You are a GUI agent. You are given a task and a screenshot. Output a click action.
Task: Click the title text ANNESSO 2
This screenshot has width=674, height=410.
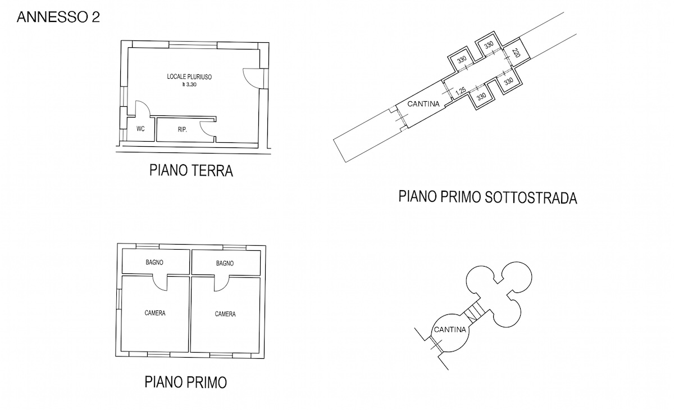point(58,17)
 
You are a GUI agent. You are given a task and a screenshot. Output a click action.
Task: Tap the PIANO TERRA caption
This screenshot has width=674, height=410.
point(191,170)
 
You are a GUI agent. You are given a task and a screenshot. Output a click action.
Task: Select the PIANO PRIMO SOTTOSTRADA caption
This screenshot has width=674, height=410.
point(488,197)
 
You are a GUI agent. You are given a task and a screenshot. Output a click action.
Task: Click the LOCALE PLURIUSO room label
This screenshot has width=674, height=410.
point(189,77)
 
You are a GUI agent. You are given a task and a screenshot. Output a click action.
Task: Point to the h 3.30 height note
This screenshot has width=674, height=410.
point(189,85)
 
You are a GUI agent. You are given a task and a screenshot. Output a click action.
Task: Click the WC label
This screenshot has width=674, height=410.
point(140,129)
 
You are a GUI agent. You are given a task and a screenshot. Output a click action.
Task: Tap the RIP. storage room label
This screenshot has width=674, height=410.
point(183,130)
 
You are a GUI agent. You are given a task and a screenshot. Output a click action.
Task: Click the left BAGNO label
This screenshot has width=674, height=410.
point(154,263)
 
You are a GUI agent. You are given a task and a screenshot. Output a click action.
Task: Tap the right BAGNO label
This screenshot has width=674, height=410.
point(225,263)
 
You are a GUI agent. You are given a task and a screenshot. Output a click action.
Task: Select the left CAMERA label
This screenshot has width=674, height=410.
point(155,313)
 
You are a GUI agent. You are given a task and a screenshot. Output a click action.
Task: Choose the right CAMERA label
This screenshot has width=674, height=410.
point(225,314)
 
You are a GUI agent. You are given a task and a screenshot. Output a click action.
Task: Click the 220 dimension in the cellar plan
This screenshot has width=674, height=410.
point(516,53)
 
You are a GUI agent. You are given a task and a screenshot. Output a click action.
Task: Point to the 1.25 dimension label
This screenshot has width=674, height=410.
point(461,91)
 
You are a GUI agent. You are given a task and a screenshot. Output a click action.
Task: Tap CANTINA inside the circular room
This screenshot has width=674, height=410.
point(450,330)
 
